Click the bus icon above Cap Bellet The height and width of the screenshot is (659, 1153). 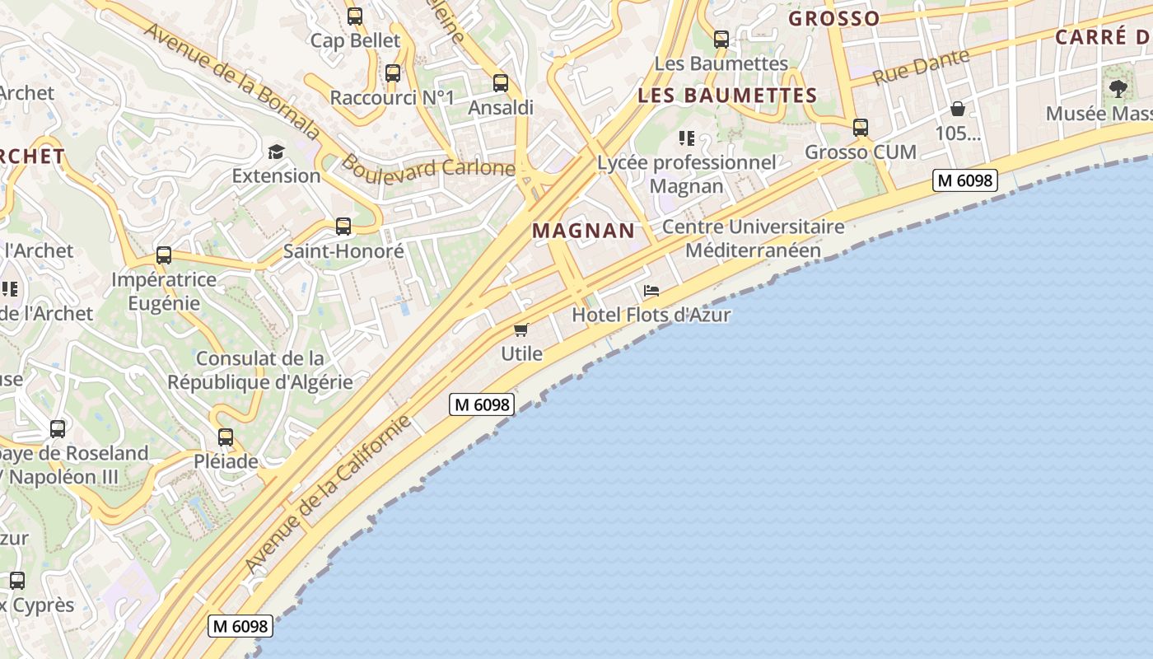tap(355, 16)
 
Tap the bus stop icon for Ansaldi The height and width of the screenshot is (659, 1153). tap(501, 83)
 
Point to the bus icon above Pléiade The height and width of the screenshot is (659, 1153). tap(226, 437)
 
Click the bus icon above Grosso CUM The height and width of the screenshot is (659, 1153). tap(861, 128)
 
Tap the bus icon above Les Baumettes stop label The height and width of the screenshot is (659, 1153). tap(721, 39)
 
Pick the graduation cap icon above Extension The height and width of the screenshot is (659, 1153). tap(276, 152)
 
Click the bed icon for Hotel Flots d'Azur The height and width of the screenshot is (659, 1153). tap(651, 291)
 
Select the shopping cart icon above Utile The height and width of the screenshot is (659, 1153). tap(520, 330)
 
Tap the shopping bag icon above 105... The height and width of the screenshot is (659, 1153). tap(958, 109)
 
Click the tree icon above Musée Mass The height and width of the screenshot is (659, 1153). tap(1118, 89)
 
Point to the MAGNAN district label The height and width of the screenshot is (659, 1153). tap(584, 231)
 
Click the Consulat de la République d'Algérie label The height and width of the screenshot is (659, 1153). tap(260, 370)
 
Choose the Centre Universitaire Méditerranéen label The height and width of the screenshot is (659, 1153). tap(754, 238)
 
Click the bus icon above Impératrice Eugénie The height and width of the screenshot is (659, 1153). tap(164, 255)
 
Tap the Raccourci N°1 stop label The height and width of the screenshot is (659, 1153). tap(392, 98)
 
